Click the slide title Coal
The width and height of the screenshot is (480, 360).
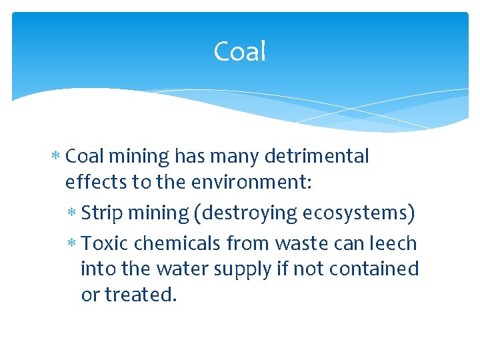point(240,51)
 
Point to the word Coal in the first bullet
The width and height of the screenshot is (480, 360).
point(84,157)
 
